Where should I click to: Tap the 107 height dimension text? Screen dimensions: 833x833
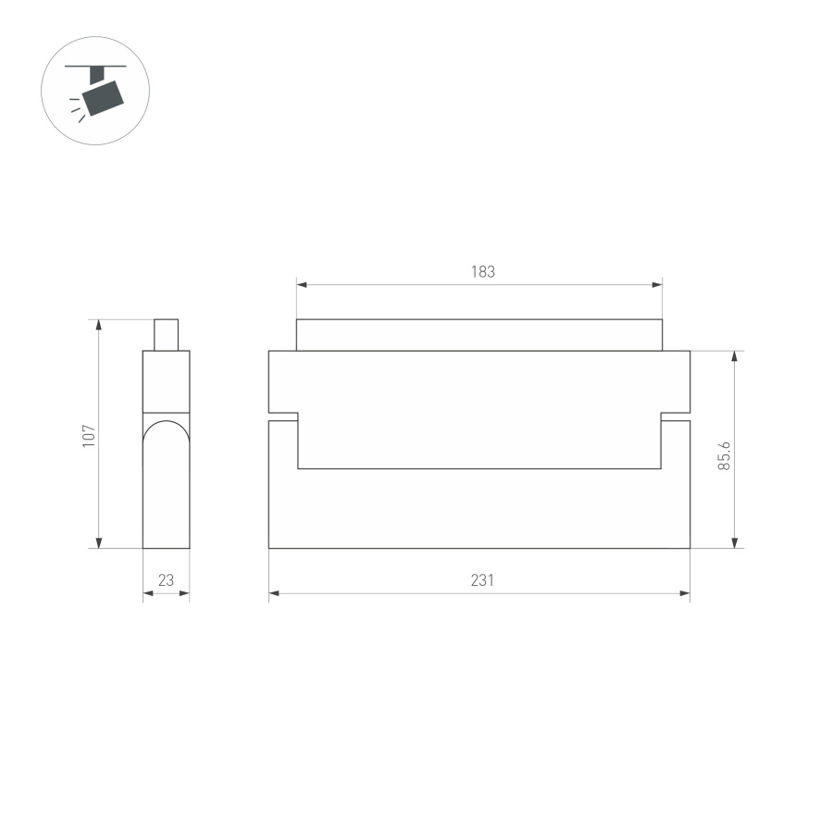coord(89,436)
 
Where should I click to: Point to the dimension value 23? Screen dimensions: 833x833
coord(167,580)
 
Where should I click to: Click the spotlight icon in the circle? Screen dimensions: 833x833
coord(96,90)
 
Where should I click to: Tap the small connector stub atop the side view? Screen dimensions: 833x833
coord(166,335)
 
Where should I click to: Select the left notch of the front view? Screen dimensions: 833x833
coord(283,416)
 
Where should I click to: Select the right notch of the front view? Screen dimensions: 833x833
coord(676,416)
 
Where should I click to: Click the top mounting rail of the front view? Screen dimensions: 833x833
coord(479,335)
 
